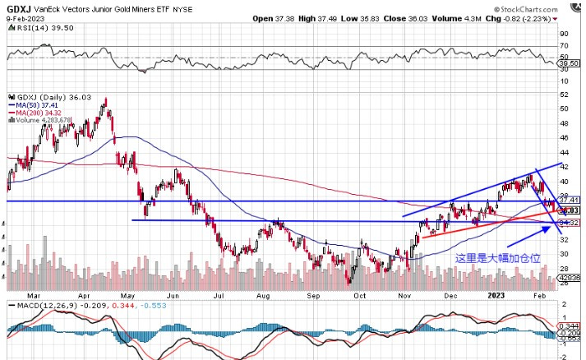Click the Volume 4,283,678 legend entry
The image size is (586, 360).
(x=44, y=120)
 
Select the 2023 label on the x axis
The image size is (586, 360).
(x=496, y=293)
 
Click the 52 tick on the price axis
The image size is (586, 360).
(x=564, y=106)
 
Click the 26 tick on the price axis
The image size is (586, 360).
(x=564, y=271)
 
